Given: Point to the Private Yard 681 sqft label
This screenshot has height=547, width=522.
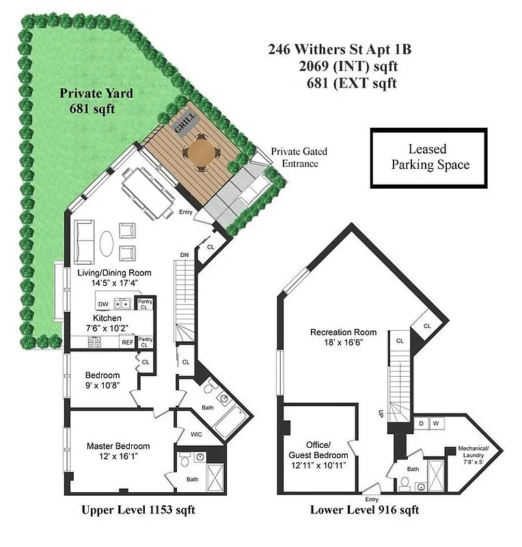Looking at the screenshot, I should click(x=96, y=101).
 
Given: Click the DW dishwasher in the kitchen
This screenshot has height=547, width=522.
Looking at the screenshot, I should click(x=103, y=304).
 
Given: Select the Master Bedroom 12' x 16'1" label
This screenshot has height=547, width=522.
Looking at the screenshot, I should click(x=118, y=452).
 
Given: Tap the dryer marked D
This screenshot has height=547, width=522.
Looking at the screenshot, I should click(x=422, y=424).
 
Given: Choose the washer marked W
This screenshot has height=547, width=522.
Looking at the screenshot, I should click(x=435, y=424).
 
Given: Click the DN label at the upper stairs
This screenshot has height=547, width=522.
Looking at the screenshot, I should click(x=184, y=255).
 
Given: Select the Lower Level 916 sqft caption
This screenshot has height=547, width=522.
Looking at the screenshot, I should click(x=364, y=509).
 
